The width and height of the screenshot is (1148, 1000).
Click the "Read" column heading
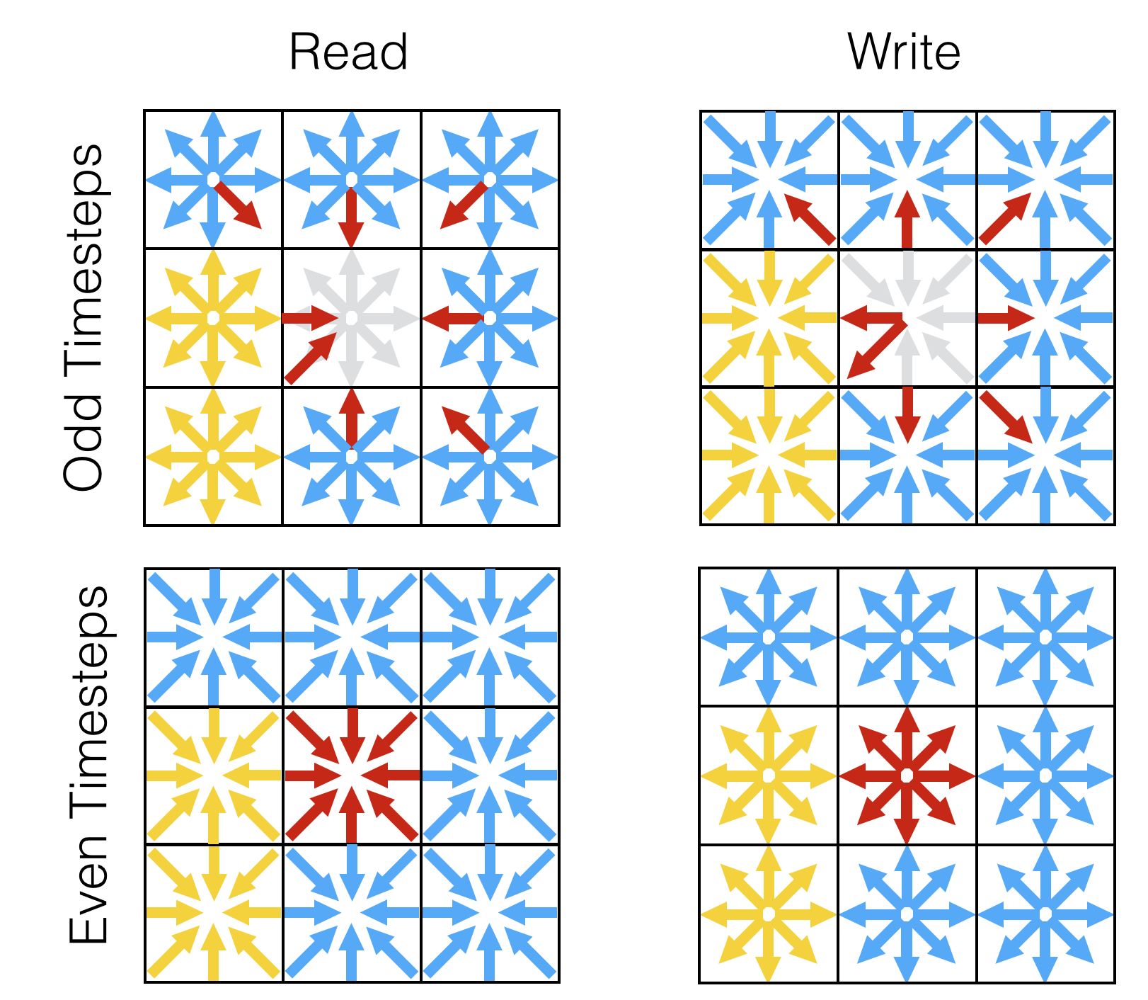[x=348, y=52]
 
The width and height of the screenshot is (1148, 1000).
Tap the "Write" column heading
[x=904, y=52]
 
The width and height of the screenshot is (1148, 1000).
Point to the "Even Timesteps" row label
[x=88, y=765]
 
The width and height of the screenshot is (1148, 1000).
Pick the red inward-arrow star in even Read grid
[x=352, y=775]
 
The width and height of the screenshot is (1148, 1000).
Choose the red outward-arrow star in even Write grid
[x=907, y=775]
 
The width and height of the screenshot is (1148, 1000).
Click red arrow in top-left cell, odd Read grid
[x=238, y=205]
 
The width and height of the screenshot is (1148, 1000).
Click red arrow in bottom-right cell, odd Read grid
[x=465, y=428]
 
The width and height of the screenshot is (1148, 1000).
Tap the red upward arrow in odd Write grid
[x=907, y=220]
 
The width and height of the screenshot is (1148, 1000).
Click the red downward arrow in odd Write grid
[x=907, y=414]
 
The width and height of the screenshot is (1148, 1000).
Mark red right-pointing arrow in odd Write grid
[x=1005, y=319]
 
